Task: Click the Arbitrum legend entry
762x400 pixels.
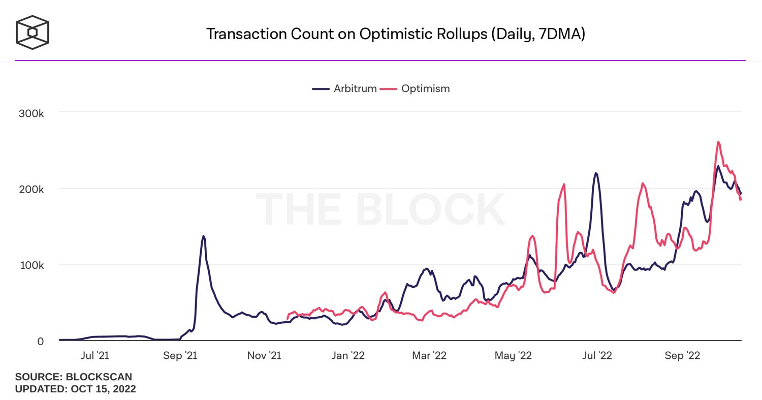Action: click(x=345, y=88)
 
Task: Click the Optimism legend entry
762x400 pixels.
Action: click(x=416, y=88)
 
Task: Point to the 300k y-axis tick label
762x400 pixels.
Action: click(x=31, y=113)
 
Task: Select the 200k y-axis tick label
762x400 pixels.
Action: click(x=31, y=189)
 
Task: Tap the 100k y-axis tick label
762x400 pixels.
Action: click(x=31, y=265)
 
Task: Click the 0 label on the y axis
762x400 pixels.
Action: click(x=40, y=342)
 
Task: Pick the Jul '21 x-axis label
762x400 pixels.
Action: click(x=94, y=356)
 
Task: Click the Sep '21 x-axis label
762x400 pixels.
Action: click(x=181, y=356)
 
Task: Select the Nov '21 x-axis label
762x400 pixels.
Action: click(x=264, y=356)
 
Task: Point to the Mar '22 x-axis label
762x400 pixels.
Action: click(x=429, y=356)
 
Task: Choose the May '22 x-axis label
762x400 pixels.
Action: click(x=513, y=356)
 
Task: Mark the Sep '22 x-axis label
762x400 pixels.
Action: click(x=682, y=356)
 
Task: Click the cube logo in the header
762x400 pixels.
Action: click(x=33, y=32)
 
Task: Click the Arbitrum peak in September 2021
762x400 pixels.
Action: click(x=203, y=236)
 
